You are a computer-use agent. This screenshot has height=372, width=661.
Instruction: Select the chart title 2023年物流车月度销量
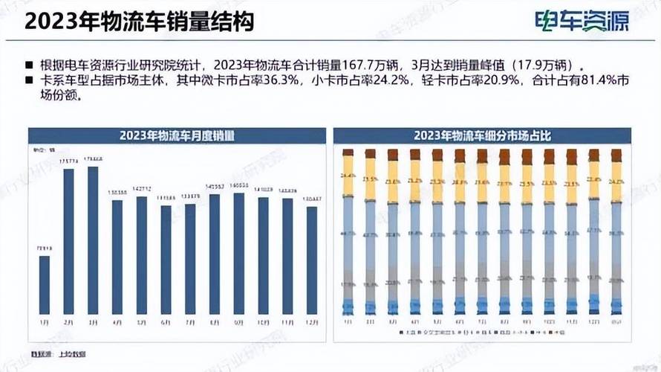click(x=178, y=136)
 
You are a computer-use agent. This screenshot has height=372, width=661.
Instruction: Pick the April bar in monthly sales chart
click(x=117, y=257)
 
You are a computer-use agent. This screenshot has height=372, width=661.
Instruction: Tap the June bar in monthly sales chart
click(x=166, y=260)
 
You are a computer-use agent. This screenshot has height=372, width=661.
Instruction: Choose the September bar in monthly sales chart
click(x=239, y=253)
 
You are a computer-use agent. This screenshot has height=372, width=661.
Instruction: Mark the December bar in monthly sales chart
click(x=312, y=260)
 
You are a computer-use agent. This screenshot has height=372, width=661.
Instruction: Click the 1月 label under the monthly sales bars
click(x=45, y=321)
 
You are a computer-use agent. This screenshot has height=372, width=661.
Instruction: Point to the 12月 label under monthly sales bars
click(x=312, y=321)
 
